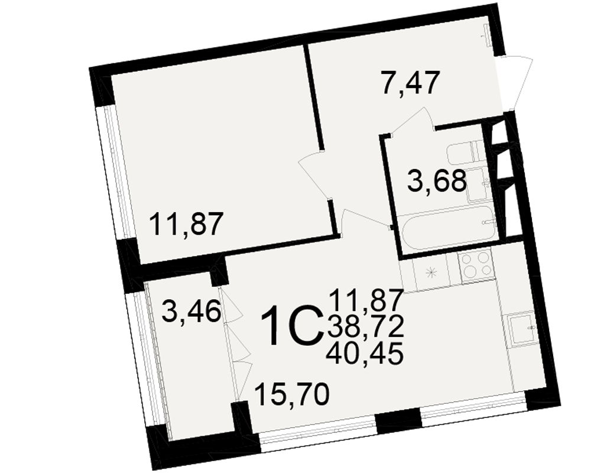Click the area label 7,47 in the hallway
[x=410, y=84]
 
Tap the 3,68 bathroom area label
[x=437, y=182]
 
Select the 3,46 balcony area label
[x=191, y=312]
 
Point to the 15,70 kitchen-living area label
[x=292, y=395]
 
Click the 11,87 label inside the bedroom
[x=184, y=224]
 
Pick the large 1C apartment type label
[x=293, y=326]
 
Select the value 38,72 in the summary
[x=366, y=327]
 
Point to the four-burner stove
[x=476, y=265]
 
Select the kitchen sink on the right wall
[x=522, y=328]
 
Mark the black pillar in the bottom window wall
[x=398, y=420]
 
